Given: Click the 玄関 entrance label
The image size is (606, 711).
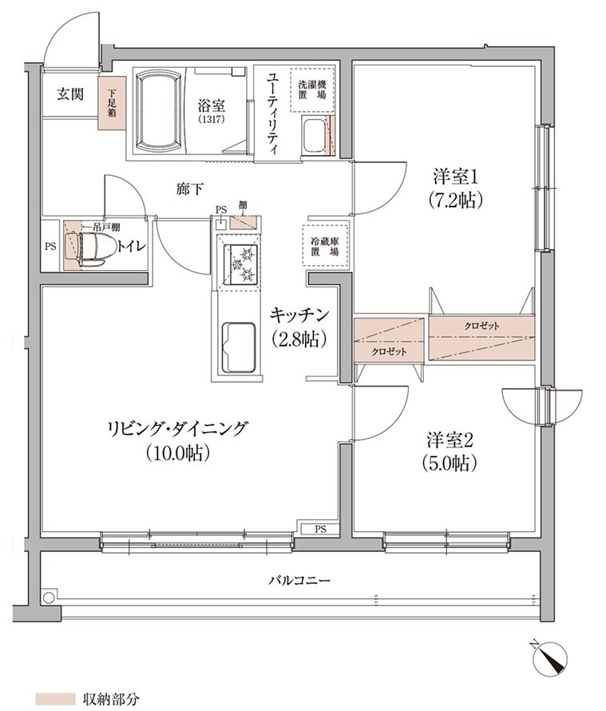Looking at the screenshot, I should tap(69, 94).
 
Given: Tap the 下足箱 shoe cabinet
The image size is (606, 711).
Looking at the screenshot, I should tap(109, 102).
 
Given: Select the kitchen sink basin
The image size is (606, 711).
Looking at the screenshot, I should tap(237, 346).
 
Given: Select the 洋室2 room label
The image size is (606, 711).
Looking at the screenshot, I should tap(450, 439).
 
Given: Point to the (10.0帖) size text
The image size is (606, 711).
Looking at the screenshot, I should tap(177, 453).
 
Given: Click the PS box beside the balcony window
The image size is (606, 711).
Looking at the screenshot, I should tap(319, 528).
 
